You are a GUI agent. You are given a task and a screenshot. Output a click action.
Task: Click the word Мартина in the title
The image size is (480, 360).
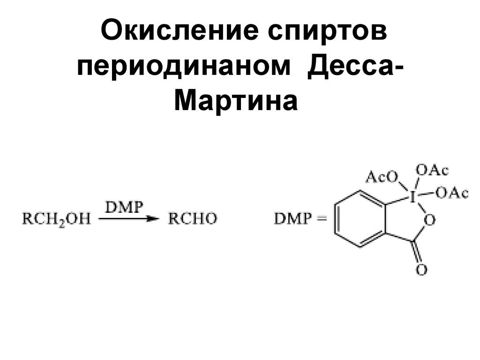point(236,101)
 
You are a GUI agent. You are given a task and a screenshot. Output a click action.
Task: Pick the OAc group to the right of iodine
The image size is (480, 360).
point(451,193)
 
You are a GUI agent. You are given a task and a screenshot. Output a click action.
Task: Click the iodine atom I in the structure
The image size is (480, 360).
point(413,197)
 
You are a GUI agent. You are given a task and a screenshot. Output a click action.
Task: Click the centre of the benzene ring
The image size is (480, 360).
point(361,219)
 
